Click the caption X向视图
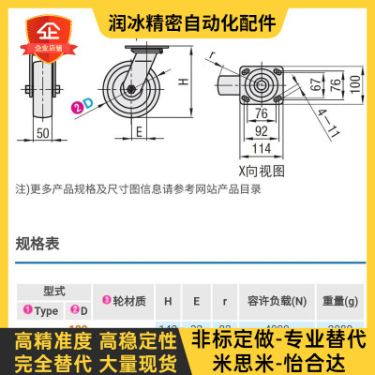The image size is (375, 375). [262, 171]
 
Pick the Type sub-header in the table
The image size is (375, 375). [41, 309]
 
